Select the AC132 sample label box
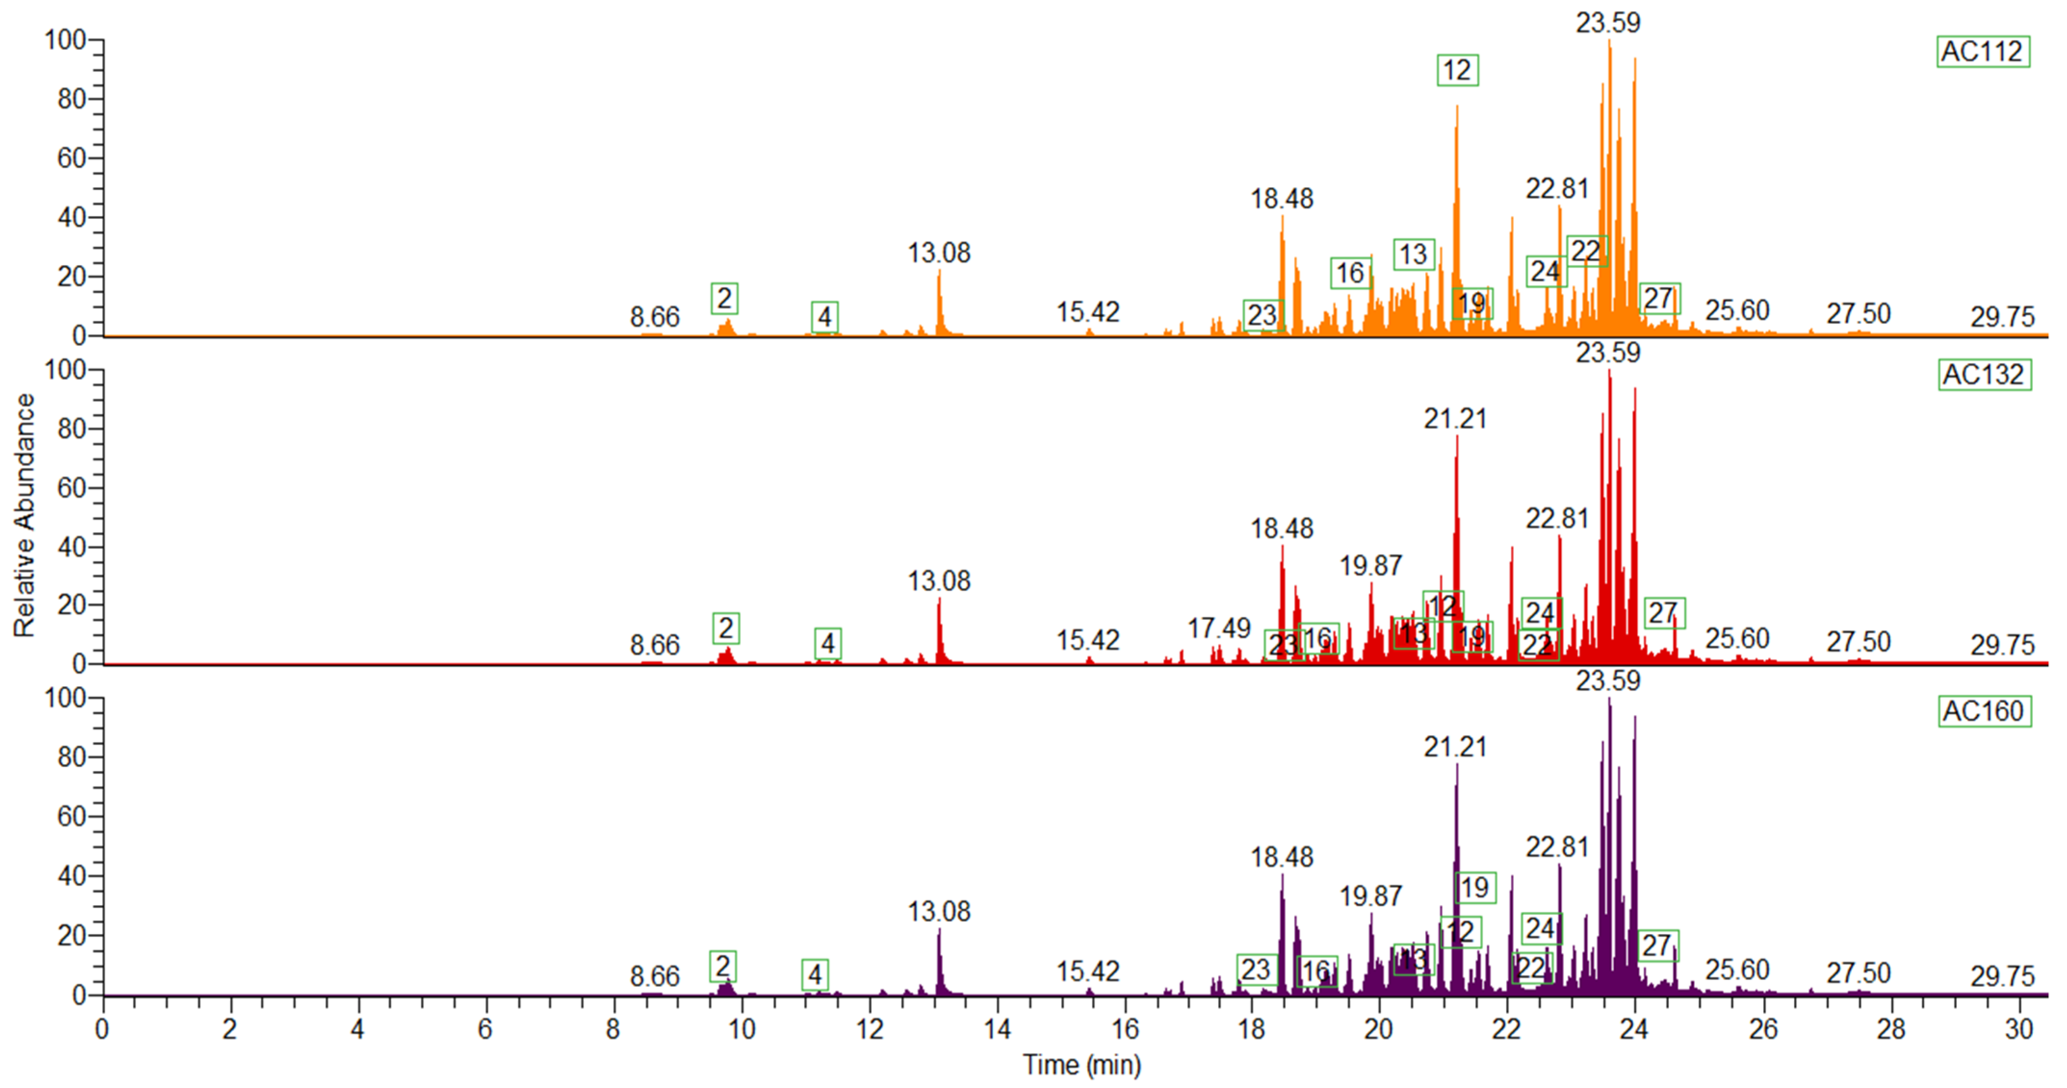pyautogui.click(x=1984, y=375)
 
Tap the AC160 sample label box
pyautogui.click(x=1984, y=711)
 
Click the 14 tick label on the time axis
pyautogui.click(x=997, y=1029)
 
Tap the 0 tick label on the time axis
pyautogui.click(x=103, y=1029)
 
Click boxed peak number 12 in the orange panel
pyautogui.click(x=1457, y=71)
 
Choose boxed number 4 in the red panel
pyautogui.click(x=827, y=643)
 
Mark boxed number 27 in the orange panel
pyautogui.click(x=1659, y=298)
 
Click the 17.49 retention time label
pyautogui.click(x=1219, y=628)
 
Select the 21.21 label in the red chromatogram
pyautogui.click(x=1455, y=419)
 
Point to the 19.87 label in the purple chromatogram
pyautogui.click(x=1370, y=896)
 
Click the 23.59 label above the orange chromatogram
pyautogui.click(x=1608, y=23)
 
